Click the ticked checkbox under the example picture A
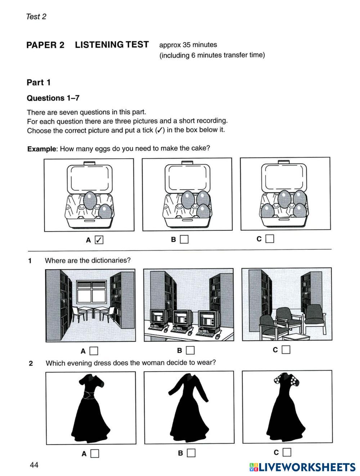point(99,240)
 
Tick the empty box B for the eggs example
point(184,239)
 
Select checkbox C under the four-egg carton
point(270,239)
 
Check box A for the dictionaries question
point(94,351)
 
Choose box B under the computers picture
point(190,350)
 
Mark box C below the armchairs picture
point(286,349)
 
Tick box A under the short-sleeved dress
point(95,453)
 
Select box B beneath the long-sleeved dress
point(191,453)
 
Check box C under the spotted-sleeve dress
point(287,452)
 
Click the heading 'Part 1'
point(39,82)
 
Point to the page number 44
point(34,465)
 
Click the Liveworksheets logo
point(302,467)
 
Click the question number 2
point(31,363)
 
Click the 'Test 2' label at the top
point(36,17)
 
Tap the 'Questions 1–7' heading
point(53,98)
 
